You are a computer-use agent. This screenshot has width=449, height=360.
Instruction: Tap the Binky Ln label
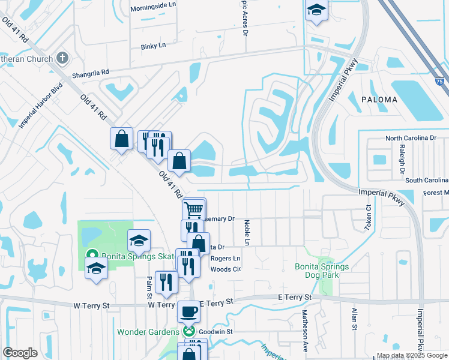tap(152, 46)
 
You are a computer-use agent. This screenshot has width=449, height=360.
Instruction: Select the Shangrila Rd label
tap(90, 73)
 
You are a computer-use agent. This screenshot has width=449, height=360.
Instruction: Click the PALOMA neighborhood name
tap(379, 100)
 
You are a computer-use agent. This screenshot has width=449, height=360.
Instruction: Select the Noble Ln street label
tap(247, 232)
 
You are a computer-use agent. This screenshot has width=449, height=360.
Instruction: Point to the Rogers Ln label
tap(225, 259)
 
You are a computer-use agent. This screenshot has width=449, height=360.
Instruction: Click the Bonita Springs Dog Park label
tap(321, 271)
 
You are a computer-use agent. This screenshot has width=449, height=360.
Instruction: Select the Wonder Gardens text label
tap(148, 332)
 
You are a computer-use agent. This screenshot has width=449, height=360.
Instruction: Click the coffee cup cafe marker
tap(189, 312)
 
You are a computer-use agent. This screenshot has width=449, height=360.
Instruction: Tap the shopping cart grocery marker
tap(194, 210)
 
